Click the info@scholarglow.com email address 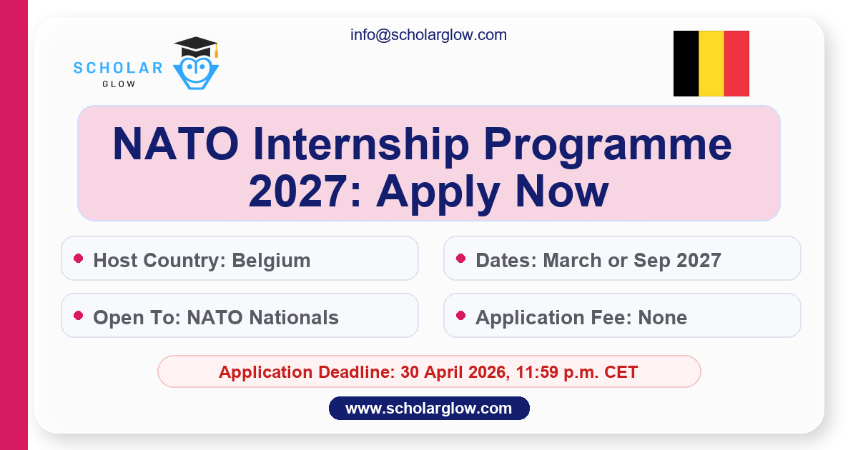pyautogui.click(x=428, y=35)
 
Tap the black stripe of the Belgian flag pyautogui.click(x=686, y=64)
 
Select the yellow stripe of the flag pyautogui.click(x=711, y=64)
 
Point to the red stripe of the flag pyautogui.click(x=736, y=64)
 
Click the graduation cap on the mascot pyautogui.click(x=196, y=46)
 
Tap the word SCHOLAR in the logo pyautogui.click(x=118, y=68)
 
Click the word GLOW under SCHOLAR pyautogui.click(x=119, y=84)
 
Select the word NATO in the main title pyautogui.click(x=176, y=144)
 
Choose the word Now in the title pyautogui.click(x=561, y=191)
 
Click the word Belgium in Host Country pyautogui.click(x=271, y=261)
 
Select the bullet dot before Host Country pyautogui.click(x=79, y=259)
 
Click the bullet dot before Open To pyautogui.click(x=79, y=315)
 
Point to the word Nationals pyautogui.click(x=294, y=318)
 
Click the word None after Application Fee pyautogui.click(x=662, y=318)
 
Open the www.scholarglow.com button pyautogui.click(x=429, y=409)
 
